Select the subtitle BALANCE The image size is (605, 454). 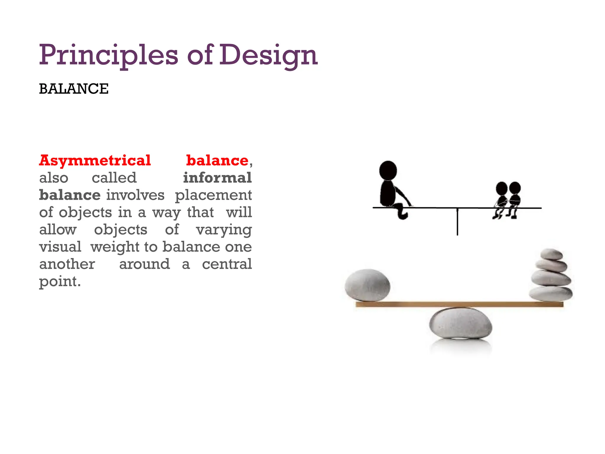[74, 89]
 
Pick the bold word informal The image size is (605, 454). [217, 178]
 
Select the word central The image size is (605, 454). [227, 264]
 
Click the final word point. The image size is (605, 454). [60, 282]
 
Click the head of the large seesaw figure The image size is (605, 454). [388, 170]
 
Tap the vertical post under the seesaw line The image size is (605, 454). [457, 222]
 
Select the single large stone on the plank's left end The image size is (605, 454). [367, 285]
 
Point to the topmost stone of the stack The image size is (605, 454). [551, 254]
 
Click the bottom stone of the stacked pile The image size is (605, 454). [551, 294]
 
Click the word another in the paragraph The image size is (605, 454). [67, 264]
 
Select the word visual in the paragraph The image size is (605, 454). [60, 247]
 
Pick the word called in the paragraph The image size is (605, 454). [114, 178]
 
